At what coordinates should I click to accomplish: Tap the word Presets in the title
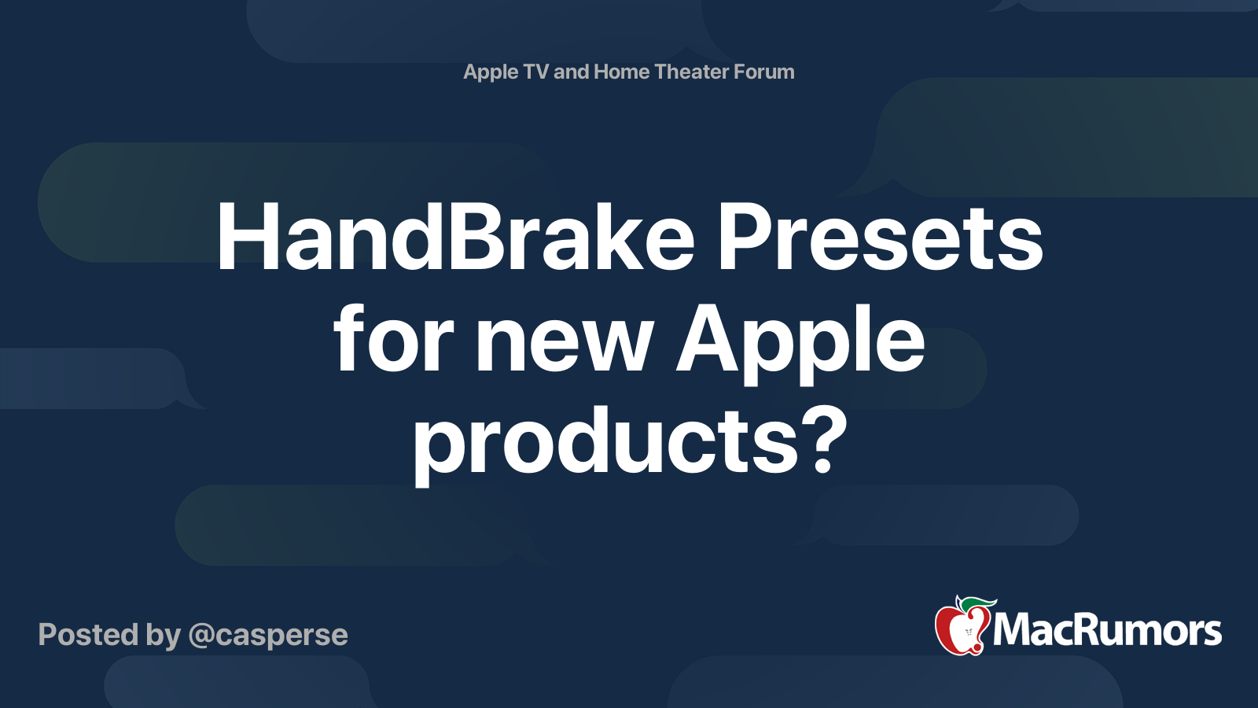pyautogui.click(x=880, y=238)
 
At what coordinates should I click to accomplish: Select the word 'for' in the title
pyautogui.click(x=393, y=340)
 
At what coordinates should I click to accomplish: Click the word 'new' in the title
pyautogui.click(x=565, y=340)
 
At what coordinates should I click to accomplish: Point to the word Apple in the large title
pyautogui.click(x=800, y=340)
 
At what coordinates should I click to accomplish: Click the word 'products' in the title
pyautogui.click(x=606, y=441)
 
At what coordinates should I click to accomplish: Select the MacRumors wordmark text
pyautogui.click(x=1107, y=631)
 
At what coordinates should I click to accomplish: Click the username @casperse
pyautogui.click(x=268, y=635)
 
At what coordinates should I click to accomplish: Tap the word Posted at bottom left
pyautogui.click(x=88, y=635)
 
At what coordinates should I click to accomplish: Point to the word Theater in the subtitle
pyautogui.click(x=691, y=72)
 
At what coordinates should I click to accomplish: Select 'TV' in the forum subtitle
pyautogui.click(x=535, y=72)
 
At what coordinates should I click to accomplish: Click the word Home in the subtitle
pyautogui.click(x=621, y=72)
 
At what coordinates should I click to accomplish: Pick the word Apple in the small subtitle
pyautogui.click(x=491, y=72)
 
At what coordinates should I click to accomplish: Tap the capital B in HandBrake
pyautogui.click(x=473, y=238)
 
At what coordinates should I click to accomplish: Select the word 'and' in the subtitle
pyautogui.click(x=572, y=72)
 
